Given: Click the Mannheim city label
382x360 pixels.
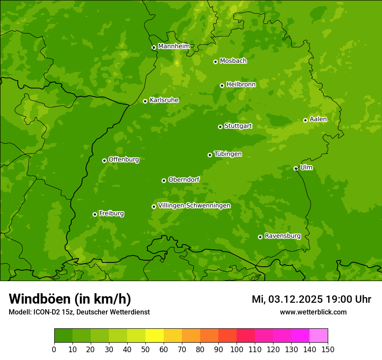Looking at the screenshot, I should tap(174, 46).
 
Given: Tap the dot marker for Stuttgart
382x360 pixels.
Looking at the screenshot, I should tap(220, 127).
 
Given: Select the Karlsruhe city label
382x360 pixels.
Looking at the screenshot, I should tap(164, 100).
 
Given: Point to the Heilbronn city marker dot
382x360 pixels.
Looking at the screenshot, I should tap(222, 85).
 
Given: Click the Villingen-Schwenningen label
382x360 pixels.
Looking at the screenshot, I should tap(194, 206).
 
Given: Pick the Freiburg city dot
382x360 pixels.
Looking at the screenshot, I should tap(95, 214).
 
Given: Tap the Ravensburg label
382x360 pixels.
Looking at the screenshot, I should tap(283, 236).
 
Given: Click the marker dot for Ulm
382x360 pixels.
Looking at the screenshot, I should tap(296, 168).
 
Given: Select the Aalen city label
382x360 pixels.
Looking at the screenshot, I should tap(318, 119).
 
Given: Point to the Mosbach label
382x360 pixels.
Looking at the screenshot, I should tap(233, 61).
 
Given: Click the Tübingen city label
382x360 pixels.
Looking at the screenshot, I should tap(228, 154).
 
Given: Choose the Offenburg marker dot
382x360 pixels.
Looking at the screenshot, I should tap(104, 160).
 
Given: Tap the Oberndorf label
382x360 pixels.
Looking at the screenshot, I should tap(184, 180).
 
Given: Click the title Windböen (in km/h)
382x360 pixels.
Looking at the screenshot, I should tap(70, 299).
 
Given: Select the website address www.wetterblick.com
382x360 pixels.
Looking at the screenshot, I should tap(313, 312).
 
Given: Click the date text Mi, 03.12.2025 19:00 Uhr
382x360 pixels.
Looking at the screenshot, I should tap(311, 299).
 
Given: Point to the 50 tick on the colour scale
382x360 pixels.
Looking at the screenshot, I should tap(145, 349).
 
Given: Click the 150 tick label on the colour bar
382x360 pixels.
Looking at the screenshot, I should tap(328, 349).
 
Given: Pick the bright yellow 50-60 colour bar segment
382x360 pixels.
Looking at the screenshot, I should tap(155, 336).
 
